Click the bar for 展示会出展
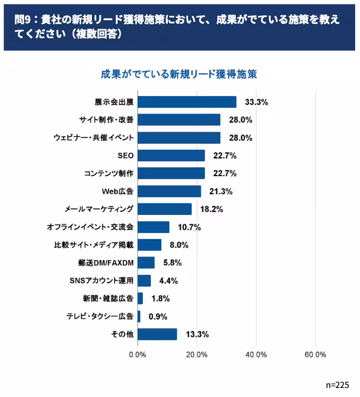[x=187, y=102]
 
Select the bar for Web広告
[x=169, y=191]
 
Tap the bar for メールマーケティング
[x=165, y=209]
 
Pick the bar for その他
[x=157, y=334]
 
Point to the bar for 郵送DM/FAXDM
[x=146, y=263]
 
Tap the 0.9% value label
[x=158, y=316]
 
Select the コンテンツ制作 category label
[x=108, y=174]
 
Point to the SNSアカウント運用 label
[x=101, y=281]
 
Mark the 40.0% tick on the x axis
[x=256, y=355]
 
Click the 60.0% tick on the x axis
[x=315, y=355]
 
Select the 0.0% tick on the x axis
[x=138, y=355]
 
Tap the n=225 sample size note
[x=338, y=384]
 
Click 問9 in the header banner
[x=23, y=20]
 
